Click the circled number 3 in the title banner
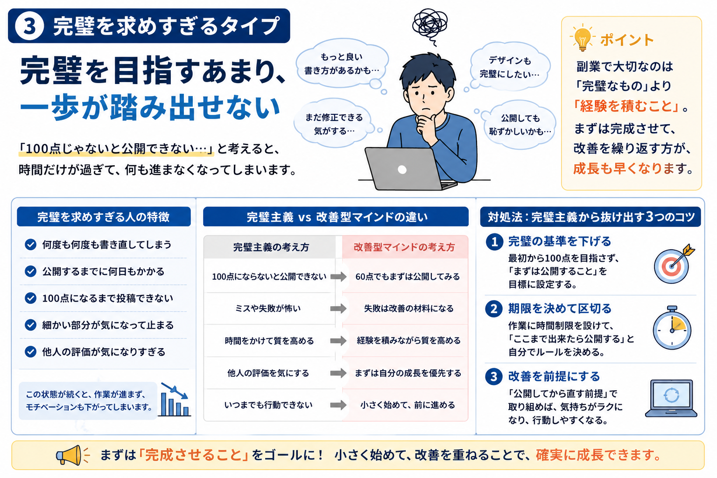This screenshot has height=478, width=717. click(29, 26)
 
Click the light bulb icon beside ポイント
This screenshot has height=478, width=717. click(582, 39)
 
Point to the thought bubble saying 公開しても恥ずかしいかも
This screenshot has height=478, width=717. click(519, 125)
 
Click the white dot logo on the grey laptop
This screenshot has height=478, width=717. click(402, 170)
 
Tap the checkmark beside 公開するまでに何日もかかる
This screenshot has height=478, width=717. click(30, 272)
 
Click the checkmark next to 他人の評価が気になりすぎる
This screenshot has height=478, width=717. click(30, 352)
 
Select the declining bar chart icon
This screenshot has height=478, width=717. click(175, 400)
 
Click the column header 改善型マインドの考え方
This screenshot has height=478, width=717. click(404, 247)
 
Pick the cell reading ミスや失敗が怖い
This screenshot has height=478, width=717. click(268, 308)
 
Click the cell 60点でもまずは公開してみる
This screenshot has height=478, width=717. click(408, 277)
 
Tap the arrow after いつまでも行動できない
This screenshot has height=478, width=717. click(338, 405)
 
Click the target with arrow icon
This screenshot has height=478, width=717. click(674, 264)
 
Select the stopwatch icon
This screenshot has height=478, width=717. click(672, 327)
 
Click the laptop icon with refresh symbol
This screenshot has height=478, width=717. click(671, 399)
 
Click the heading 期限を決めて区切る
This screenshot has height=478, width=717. click(560, 309)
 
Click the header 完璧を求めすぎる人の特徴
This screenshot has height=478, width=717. click(103, 217)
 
